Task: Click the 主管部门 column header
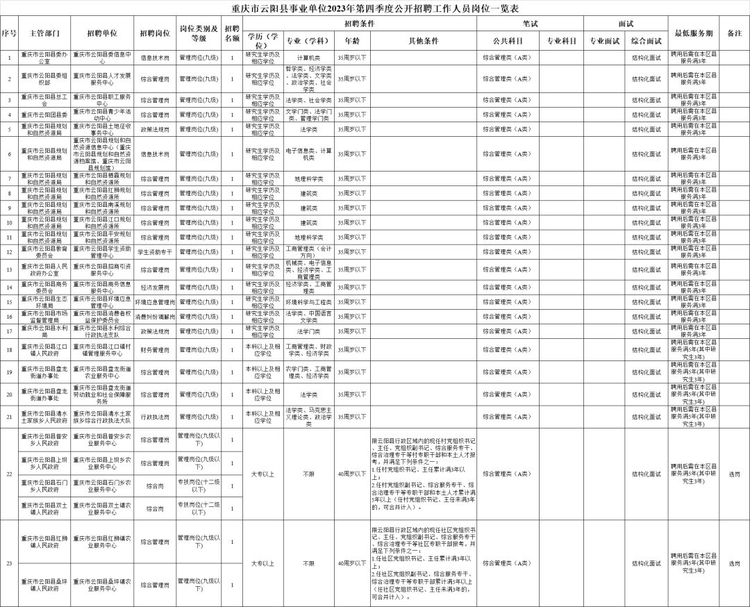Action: tap(45, 33)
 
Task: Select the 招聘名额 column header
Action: tap(232, 33)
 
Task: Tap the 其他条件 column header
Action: tap(424, 41)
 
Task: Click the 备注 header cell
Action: tap(734, 33)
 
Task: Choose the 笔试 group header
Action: tap(530, 24)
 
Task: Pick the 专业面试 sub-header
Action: tap(604, 41)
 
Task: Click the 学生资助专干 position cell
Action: tap(155, 251)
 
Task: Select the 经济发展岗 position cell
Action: tap(155, 286)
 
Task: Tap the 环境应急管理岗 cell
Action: tap(155, 301)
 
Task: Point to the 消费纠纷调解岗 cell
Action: tap(155, 316)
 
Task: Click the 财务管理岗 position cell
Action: tap(155, 349)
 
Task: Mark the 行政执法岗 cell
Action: tap(155, 417)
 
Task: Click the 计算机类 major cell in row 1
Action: tap(309, 57)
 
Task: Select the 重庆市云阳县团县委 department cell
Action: tap(45, 115)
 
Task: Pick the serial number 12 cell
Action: tap(9, 251)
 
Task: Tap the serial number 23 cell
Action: tap(9, 563)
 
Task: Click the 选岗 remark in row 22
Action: tap(734, 474)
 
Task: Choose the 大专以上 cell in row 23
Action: tap(263, 563)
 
